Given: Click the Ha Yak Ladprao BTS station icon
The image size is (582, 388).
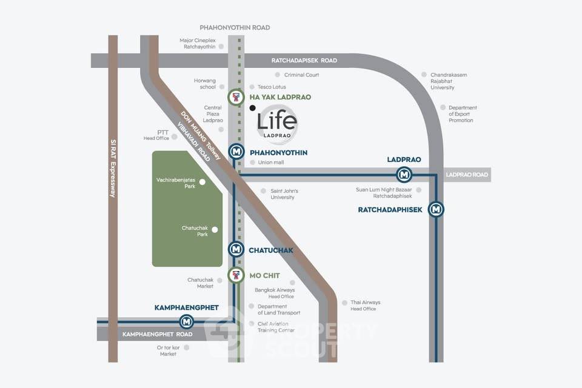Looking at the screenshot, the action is pyautogui.click(x=236, y=97).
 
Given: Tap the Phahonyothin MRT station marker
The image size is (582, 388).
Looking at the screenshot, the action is pyautogui.click(x=236, y=152).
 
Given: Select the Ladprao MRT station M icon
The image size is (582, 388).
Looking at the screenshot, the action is pyautogui.click(x=404, y=174).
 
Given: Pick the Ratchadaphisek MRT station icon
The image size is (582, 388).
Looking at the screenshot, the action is pyautogui.click(x=436, y=209).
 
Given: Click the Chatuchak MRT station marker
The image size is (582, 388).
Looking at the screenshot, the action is pyautogui.click(x=236, y=249).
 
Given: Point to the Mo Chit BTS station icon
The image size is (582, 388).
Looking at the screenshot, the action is pyautogui.click(x=236, y=275).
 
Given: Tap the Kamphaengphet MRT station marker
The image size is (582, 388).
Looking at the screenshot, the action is pyautogui.click(x=186, y=321).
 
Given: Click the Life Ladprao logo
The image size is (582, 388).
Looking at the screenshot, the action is pyautogui.click(x=277, y=123).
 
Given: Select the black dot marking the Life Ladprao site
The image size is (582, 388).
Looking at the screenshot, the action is pyautogui.click(x=252, y=108).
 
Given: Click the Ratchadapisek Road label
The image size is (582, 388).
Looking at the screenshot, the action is pyautogui.click(x=304, y=61).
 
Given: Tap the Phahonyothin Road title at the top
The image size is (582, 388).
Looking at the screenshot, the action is pyautogui.click(x=235, y=27).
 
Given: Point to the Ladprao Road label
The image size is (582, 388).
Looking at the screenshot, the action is pyautogui.click(x=467, y=175).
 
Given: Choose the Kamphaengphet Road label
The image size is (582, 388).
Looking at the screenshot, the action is pyautogui.click(x=158, y=334).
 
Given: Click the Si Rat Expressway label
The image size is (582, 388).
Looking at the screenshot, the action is pyautogui.click(x=113, y=168).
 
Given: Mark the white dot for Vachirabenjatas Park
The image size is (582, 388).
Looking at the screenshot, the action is pyautogui.click(x=202, y=182).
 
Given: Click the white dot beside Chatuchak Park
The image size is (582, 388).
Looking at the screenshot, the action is pyautogui.click(x=215, y=230).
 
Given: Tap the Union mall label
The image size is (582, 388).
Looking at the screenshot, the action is pyautogui.click(x=271, y=162).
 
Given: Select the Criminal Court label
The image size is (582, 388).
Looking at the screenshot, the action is pyautogui.click(x=301, y=75).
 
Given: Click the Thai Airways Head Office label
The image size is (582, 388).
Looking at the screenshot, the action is pyautogui.click(x=365, y=305).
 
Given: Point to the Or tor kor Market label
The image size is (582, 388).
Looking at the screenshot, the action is pyautogui.click(x=168, y=351).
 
